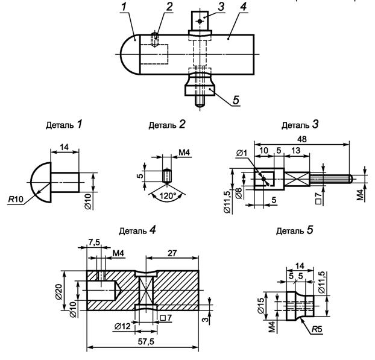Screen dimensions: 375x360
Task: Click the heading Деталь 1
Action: pyautogui.click(x=64, y=124)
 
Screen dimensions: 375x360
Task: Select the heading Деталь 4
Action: pyautogui.click(x=137, y=230)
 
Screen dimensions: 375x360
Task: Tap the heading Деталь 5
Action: pyautogui.click(x=294, y=230)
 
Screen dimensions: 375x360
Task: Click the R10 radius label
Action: pyautogui.click(x=16, y=199)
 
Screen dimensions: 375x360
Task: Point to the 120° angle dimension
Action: pyautogui.click(x=168, y=195)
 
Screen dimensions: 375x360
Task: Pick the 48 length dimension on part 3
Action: pyautogui.click(x=301, y=139)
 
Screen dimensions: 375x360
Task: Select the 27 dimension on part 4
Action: pyautogui.click(x=172, y=253)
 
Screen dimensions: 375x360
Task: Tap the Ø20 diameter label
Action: pyautogui.click(x=59, y=292)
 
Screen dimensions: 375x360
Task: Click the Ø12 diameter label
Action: pyautogui.click(x=122, y=326)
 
